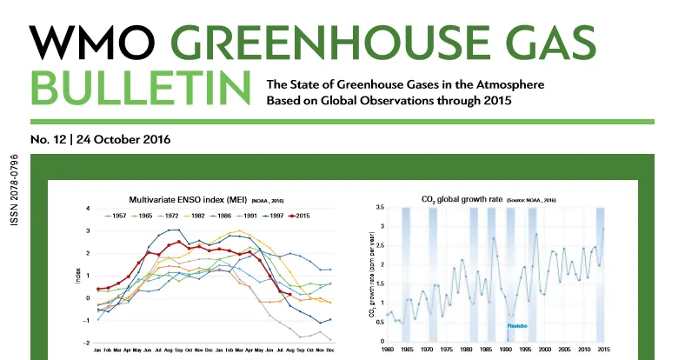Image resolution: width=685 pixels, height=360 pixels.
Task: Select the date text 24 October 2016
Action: (123, 139)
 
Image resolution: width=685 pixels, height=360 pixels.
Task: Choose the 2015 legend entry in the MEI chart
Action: (297, 215)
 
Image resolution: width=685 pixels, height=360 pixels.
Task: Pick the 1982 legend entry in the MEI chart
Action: (196, 215)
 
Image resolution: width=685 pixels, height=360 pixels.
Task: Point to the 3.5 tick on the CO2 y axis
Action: (377, 208)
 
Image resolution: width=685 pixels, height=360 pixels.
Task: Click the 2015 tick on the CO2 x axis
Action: (602, 350)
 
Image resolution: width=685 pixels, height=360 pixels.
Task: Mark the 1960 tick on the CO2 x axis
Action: (388, 350)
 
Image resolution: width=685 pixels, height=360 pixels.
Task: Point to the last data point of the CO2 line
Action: (603, 230)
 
